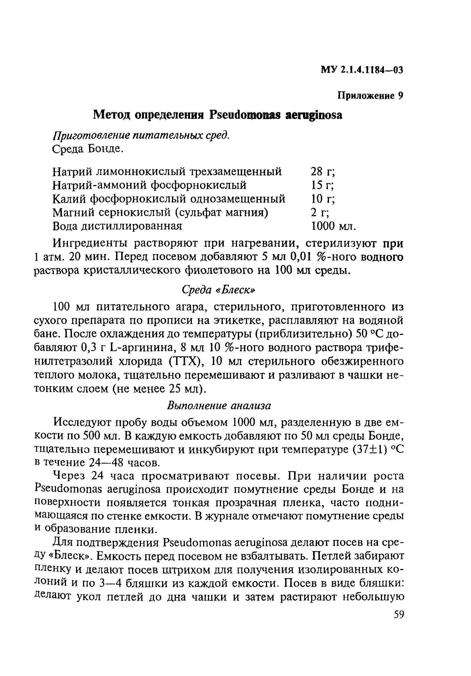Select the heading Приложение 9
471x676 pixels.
(370, 96)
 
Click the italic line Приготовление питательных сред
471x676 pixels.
(140, 135)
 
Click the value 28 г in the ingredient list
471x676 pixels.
(322, 171)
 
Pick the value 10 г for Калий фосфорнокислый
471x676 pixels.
(322, 199)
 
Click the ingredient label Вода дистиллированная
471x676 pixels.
(117, 226)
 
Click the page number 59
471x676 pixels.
(399, 614)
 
